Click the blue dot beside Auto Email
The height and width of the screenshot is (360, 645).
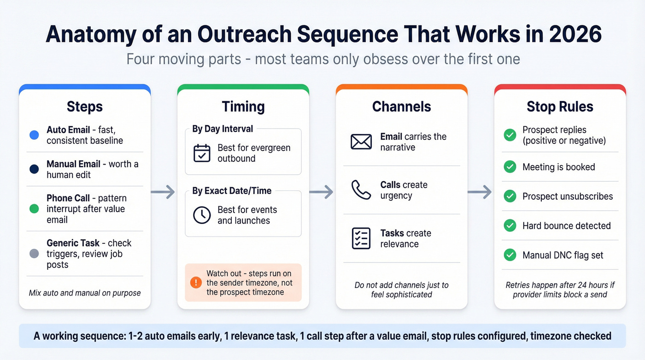tap(34, 135)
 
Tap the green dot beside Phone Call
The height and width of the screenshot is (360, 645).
tap(34, 209)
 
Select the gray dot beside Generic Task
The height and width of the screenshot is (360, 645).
tap(34, 254)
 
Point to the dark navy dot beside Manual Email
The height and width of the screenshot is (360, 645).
tap(34, 169)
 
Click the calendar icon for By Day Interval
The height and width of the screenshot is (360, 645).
tap(202, 153)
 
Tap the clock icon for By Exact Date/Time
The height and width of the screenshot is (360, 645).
tap(202, 215)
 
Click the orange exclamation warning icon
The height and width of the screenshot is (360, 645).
tap(196, 282)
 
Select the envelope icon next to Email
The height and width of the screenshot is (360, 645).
tap(361, 142)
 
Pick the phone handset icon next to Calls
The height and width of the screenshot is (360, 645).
tap(361, 190)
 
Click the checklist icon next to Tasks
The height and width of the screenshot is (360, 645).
tap(361, 238)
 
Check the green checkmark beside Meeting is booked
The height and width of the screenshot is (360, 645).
tap(510, 167)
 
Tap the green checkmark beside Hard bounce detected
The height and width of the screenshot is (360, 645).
tap(510, 225)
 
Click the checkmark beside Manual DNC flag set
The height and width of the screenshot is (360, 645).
tap(510, 255)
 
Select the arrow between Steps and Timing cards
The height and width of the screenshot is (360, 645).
tap(163, 192)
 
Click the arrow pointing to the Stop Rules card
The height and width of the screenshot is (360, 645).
tap(480, 192)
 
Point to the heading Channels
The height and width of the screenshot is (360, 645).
tap(401, 106)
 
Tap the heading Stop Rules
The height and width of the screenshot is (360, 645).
tap(560, 106)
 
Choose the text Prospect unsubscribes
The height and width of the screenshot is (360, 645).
tap(568, 196)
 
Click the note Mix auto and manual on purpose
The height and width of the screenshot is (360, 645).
tap(84, 293)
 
